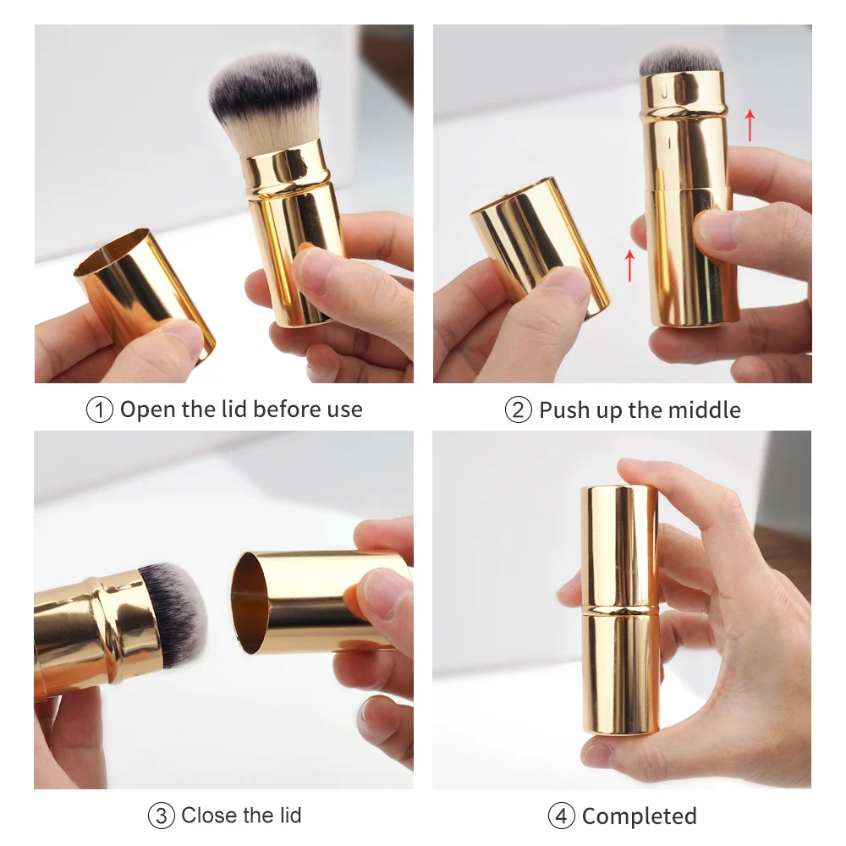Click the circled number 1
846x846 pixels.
click(100, 410)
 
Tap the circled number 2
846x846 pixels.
click(519, 410)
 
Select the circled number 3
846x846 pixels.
click(162, 816)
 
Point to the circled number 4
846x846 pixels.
click(562, 816)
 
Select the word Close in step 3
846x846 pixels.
click(209, 816)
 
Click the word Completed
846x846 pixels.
click(640, 816)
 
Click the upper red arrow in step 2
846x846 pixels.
click(750, 124)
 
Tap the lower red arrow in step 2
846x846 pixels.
click(629, 264)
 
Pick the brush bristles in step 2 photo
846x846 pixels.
click(680, 59)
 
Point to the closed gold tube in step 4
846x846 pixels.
click(619, 609)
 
